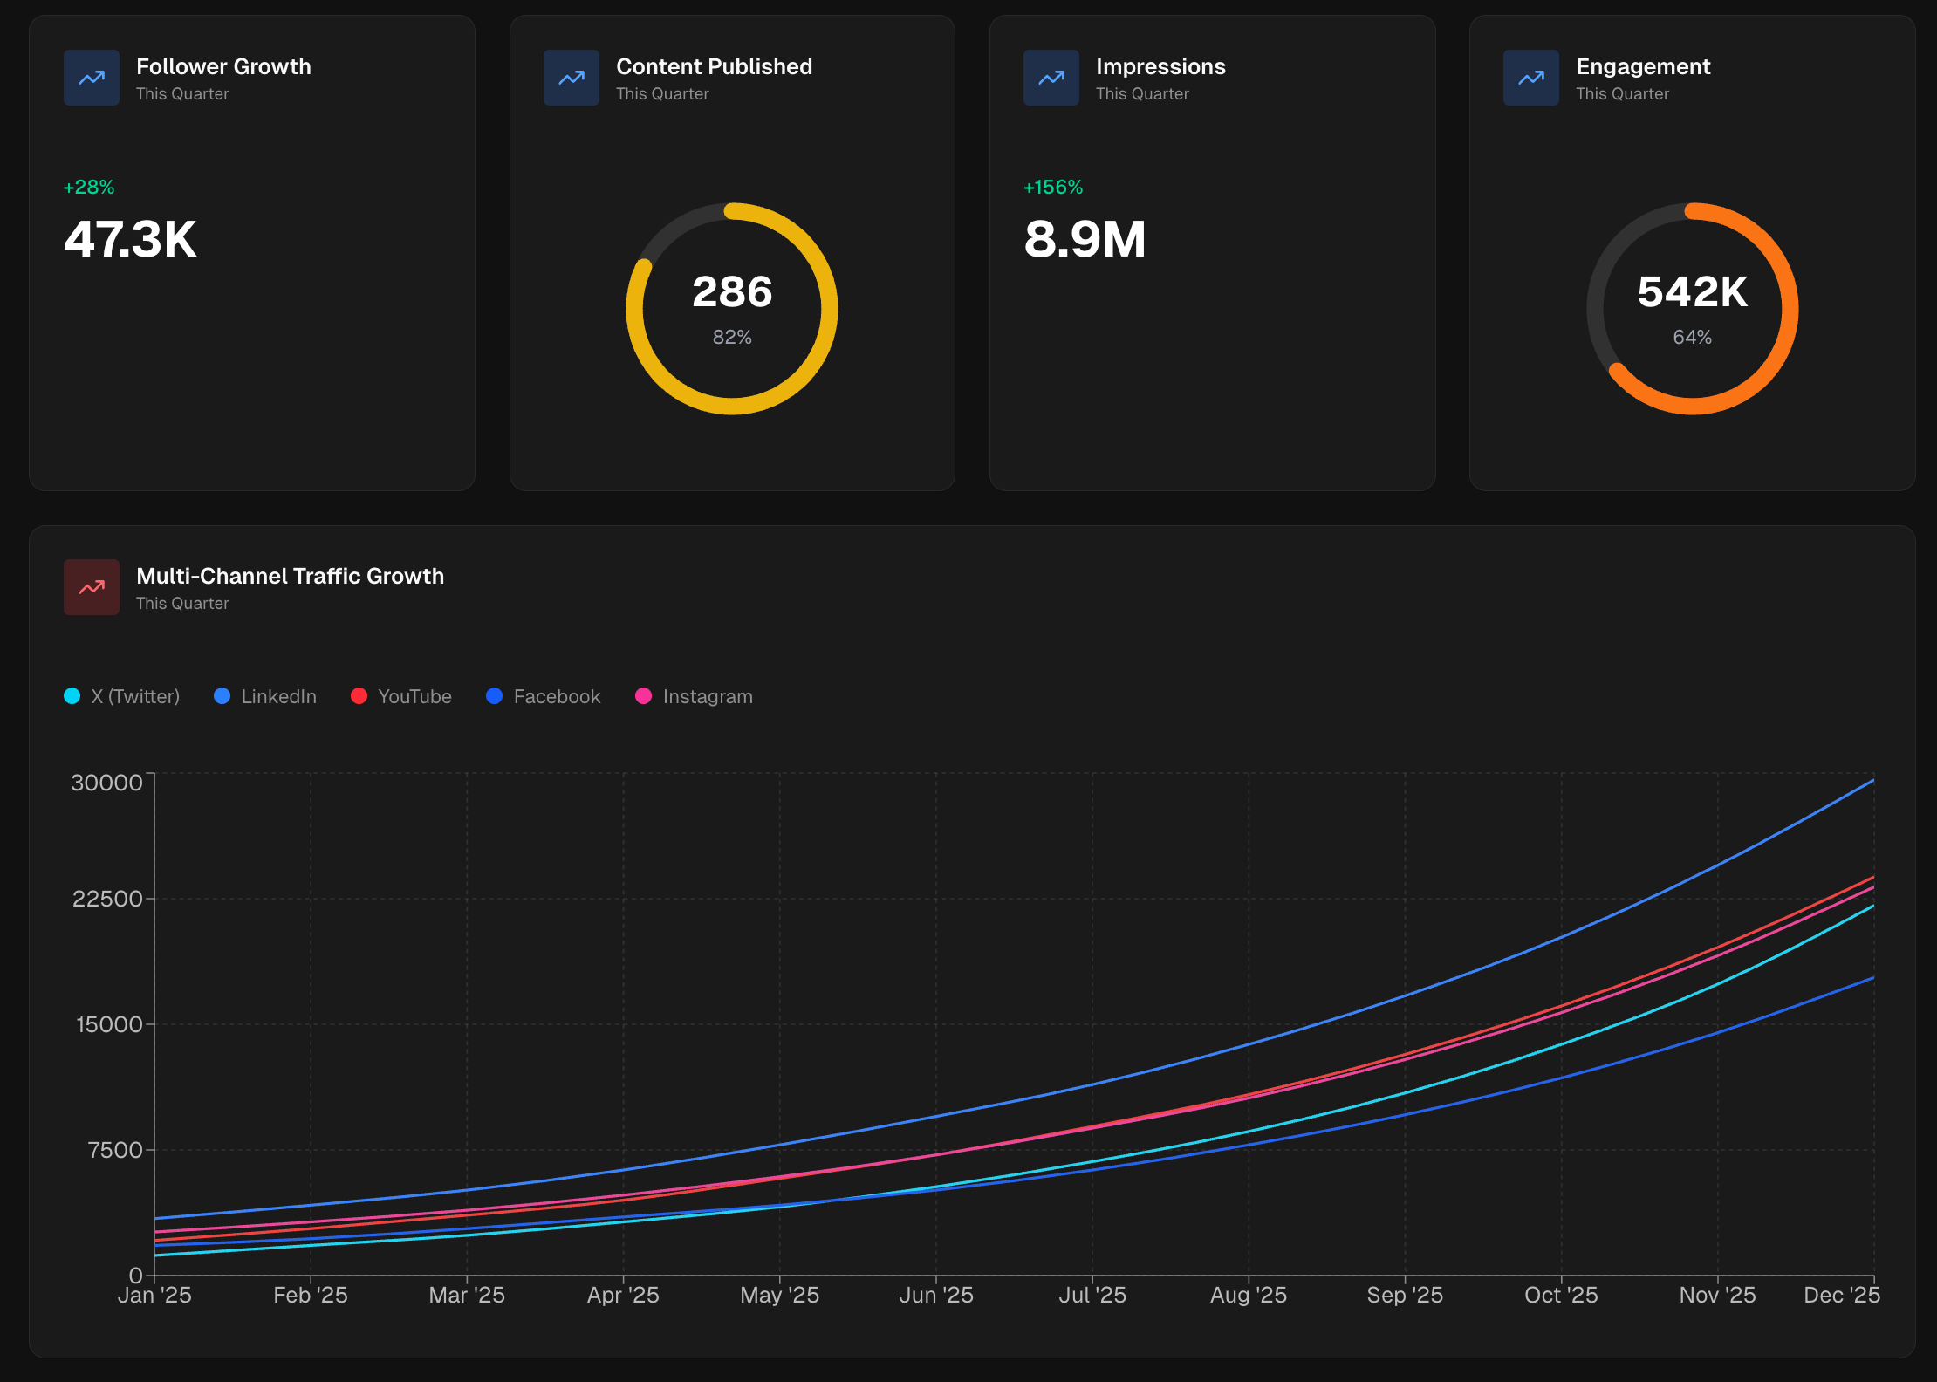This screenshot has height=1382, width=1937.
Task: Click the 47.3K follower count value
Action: [x=130, y=239]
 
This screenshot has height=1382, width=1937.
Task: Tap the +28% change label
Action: [x=89, y=187]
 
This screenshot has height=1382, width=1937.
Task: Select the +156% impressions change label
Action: [x=1053, y=187]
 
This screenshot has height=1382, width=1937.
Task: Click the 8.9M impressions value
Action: [x=1085, y=239]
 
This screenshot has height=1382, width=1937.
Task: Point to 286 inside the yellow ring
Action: [x=732, y=291]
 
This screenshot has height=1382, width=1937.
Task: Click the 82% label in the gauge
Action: [x=732, y=337]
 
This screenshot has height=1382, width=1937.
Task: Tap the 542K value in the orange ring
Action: [x=1692, y=291]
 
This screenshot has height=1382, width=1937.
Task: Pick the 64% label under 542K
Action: [x=1692, y=337]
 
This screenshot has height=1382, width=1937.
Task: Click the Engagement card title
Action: [x=1642, y=66]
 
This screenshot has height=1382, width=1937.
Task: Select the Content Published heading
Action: [x=714, y=66]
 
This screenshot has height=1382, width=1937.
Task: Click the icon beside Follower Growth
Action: [x=92, y=78]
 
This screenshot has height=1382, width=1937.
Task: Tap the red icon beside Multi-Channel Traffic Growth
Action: [x=92, y=587]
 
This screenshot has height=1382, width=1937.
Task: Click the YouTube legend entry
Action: [x=401, y=696]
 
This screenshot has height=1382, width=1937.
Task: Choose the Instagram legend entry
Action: [x=695, y=696]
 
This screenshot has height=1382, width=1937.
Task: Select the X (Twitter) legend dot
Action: [x=72, y=696]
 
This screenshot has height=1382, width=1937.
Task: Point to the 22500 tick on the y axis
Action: [x=107, y=899]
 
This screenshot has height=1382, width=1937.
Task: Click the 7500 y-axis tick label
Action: [x=115, y=1150]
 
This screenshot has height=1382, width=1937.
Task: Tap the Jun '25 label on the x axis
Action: [x=936, y=1295]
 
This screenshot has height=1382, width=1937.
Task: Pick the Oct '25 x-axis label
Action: [x=1561, y=1295]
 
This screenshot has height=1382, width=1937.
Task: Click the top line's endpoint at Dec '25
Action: [x=1872, y=780]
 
